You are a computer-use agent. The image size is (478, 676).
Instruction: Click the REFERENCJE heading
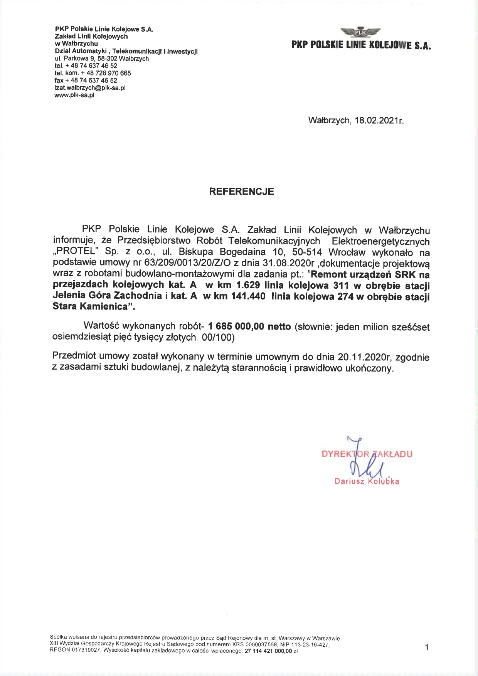(x=241, y=192)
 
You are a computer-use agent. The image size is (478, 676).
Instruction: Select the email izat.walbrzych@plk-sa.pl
(x=90, y=88)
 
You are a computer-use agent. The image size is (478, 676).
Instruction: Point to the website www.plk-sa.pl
(x=74, y=95)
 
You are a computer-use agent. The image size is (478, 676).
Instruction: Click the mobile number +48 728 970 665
(x=106, y=73)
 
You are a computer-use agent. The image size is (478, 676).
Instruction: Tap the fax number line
(x=86, y=81)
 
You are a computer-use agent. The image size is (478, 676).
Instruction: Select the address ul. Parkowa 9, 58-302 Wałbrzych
(x=102, y=59)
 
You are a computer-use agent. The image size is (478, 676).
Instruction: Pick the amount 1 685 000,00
(x=236, y=326)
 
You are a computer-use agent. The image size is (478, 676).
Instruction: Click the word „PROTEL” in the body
(x=76, y=252)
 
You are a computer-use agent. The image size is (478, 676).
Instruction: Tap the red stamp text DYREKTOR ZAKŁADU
(x=367, y=454)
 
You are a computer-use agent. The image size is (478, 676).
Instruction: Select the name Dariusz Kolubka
(x=367, y=481)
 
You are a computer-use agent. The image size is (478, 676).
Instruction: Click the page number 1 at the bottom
(x=427, y=647)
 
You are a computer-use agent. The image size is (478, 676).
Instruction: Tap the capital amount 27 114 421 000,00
(x=268, y=651)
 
